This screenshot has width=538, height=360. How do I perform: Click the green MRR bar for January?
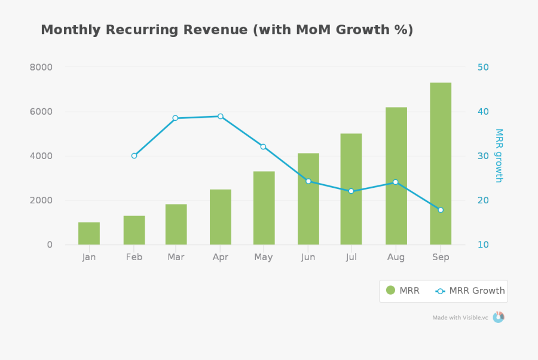pyautogui.click(x=89, y=233)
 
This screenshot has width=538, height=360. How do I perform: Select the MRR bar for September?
pyautogui.click(x=441, y=164)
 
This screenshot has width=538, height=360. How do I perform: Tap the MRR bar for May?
pyautogui.click(x=264, y=208)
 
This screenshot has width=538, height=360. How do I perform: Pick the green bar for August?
pyautogui.click(x=396, y=176)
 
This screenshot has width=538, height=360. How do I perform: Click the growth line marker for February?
pyautogui.click(x=134, y=155)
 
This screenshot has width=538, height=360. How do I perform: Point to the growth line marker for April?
pyautogui.click(x=220, y=116)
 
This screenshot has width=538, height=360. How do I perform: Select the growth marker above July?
pyautogui.click(x=351, y=191)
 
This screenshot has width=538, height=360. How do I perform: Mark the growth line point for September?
pyautogui.click(x=441, y=210)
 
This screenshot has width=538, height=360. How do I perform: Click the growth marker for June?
pyautogui.click(x=308, y=181)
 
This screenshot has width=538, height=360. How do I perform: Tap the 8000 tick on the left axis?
pyautogui.click(x=41, y=67)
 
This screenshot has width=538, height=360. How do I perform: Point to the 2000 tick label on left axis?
pyautogui.click(x=41, y=200)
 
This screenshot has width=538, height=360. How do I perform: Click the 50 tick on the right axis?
pyautogui.click(x=483, y=67)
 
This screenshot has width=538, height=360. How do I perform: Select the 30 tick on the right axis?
pyautogui.click(x=483, y=156)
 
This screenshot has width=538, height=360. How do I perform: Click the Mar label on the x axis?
pyautogui.click(x=176, y=257)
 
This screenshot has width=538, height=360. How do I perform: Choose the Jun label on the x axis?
pyautogui.click(x=308, y=257)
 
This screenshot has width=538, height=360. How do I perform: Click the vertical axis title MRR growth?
pyautogui.click(x=499, y=155)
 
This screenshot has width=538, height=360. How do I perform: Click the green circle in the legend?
pyautogui.click(x=390, y=291)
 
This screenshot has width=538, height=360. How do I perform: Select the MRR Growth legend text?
pyautogui.click(x=476, y=291)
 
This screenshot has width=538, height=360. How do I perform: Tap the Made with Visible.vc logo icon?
pyautogui.click(x=498, y=317)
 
